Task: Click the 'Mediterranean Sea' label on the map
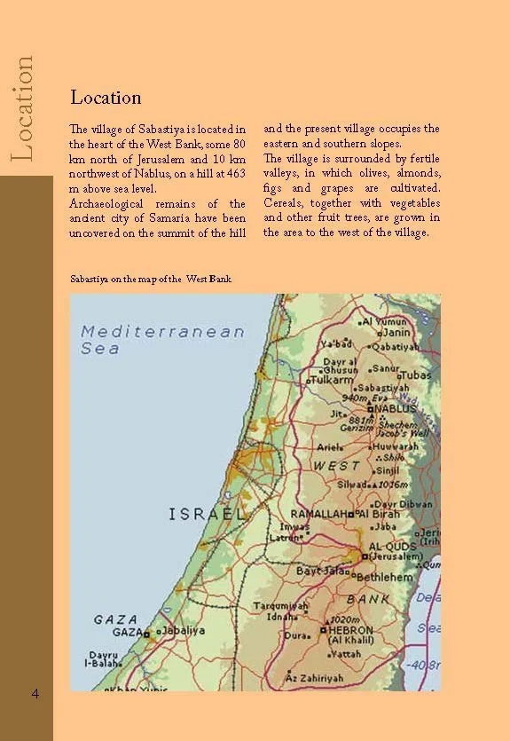point(161,339)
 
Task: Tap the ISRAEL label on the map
point(206,514)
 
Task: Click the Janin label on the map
point(396,332)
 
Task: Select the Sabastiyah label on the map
point(384,388)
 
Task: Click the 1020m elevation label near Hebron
point(342,619)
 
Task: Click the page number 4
point(35,692)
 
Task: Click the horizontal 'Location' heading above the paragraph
point(106,97)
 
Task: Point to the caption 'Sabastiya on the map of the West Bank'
point(151,279)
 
